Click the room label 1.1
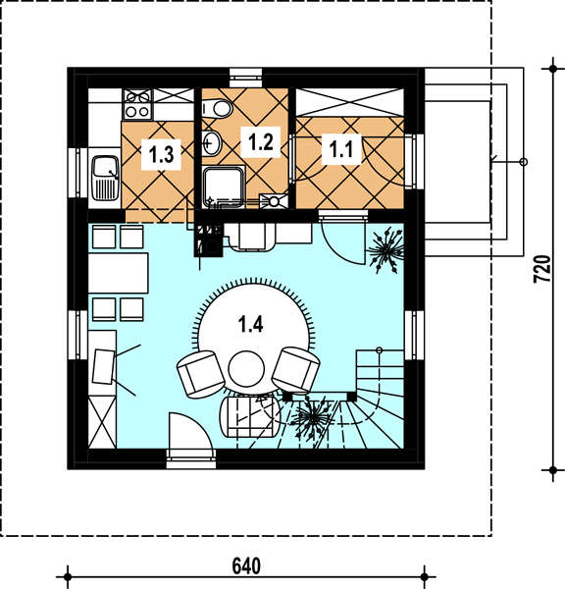341,149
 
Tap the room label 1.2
261,141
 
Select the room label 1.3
161,154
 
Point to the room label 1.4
251,324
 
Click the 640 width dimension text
246,566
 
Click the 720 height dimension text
542,269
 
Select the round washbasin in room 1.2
212,142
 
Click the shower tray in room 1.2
224,187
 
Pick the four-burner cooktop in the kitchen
137,104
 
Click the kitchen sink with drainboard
106,178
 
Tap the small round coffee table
246,369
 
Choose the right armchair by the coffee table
296,369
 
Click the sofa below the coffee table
250,416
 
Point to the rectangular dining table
119,273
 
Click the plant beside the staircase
310,417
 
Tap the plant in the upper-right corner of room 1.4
385,249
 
